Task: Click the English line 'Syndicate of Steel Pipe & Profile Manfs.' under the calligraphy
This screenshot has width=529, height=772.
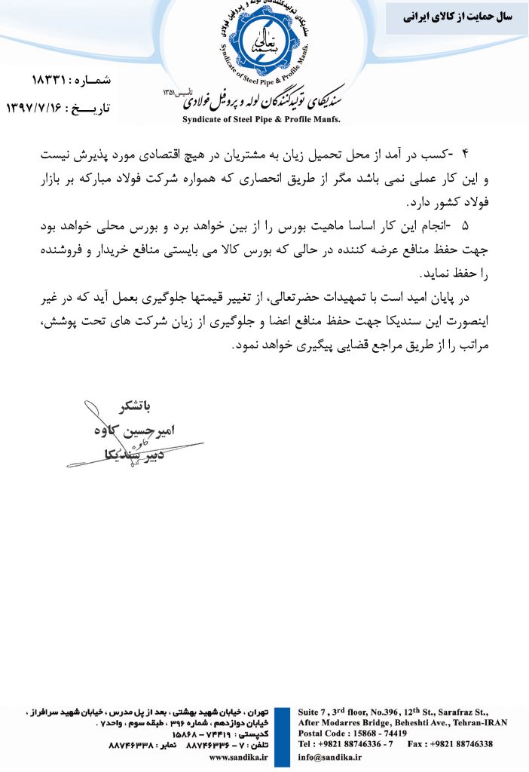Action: coord(261,119)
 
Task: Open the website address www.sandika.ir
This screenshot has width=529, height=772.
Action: coord(240,758)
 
